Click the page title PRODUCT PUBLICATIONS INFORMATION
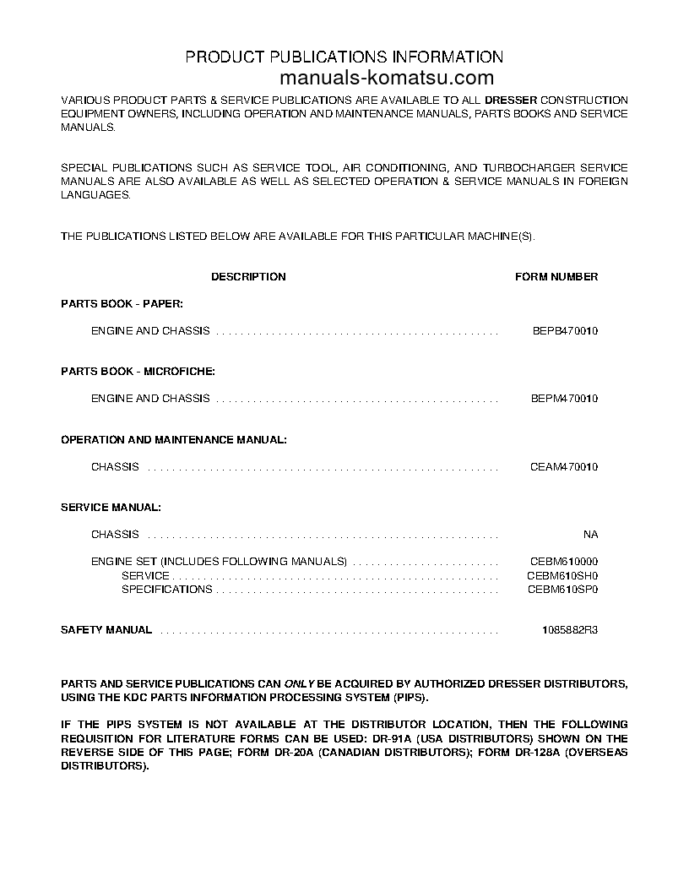pos(344,57)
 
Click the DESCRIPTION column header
pos(248,277)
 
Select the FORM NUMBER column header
pos(556,277)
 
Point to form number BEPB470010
pos(564,331)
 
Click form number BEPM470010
pos(564,399)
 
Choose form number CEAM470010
pos(564,467)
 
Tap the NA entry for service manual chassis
pos(590,535)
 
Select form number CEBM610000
pos(564,562)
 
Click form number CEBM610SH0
pos(564,576)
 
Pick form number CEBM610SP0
pos(564,590)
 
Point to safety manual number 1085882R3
pos(570,630)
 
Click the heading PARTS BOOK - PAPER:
pos(122,303)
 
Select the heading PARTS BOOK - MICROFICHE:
pos(138,371)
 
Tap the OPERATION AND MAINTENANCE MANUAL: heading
pos(174,439)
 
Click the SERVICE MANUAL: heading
pos(111,508)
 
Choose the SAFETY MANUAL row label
pos(106,630)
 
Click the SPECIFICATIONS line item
pos(166,590)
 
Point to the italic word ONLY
pos(299,683)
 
